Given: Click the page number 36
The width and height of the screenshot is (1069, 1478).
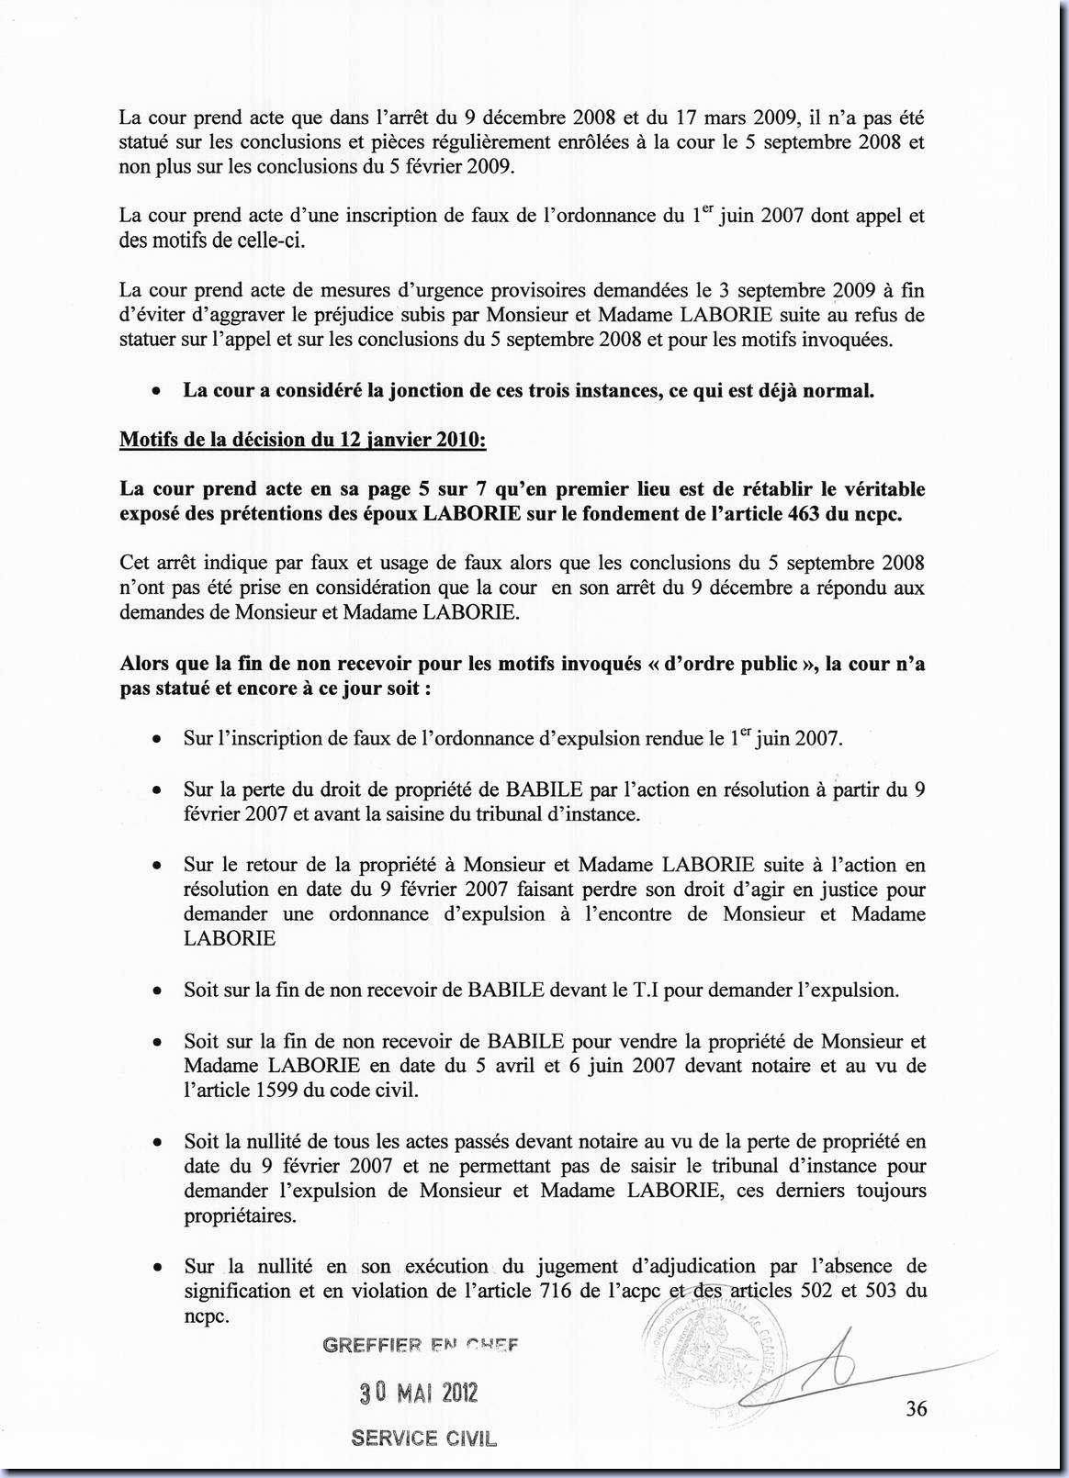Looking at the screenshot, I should (916, 1408).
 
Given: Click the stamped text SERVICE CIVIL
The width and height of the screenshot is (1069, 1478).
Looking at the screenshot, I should (423, 1439).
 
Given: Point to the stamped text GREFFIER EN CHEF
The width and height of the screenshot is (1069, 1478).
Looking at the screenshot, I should (421, 1346).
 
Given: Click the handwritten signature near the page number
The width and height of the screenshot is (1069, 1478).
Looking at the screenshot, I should (827, 1372).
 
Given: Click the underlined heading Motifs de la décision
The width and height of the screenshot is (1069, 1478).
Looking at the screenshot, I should (302, 439).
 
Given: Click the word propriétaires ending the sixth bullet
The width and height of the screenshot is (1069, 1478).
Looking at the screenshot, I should (240, 1215).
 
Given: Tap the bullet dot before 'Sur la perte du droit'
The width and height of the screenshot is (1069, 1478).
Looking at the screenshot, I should (158, 789).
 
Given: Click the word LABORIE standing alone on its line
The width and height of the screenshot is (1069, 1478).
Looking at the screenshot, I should (230, 938).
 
